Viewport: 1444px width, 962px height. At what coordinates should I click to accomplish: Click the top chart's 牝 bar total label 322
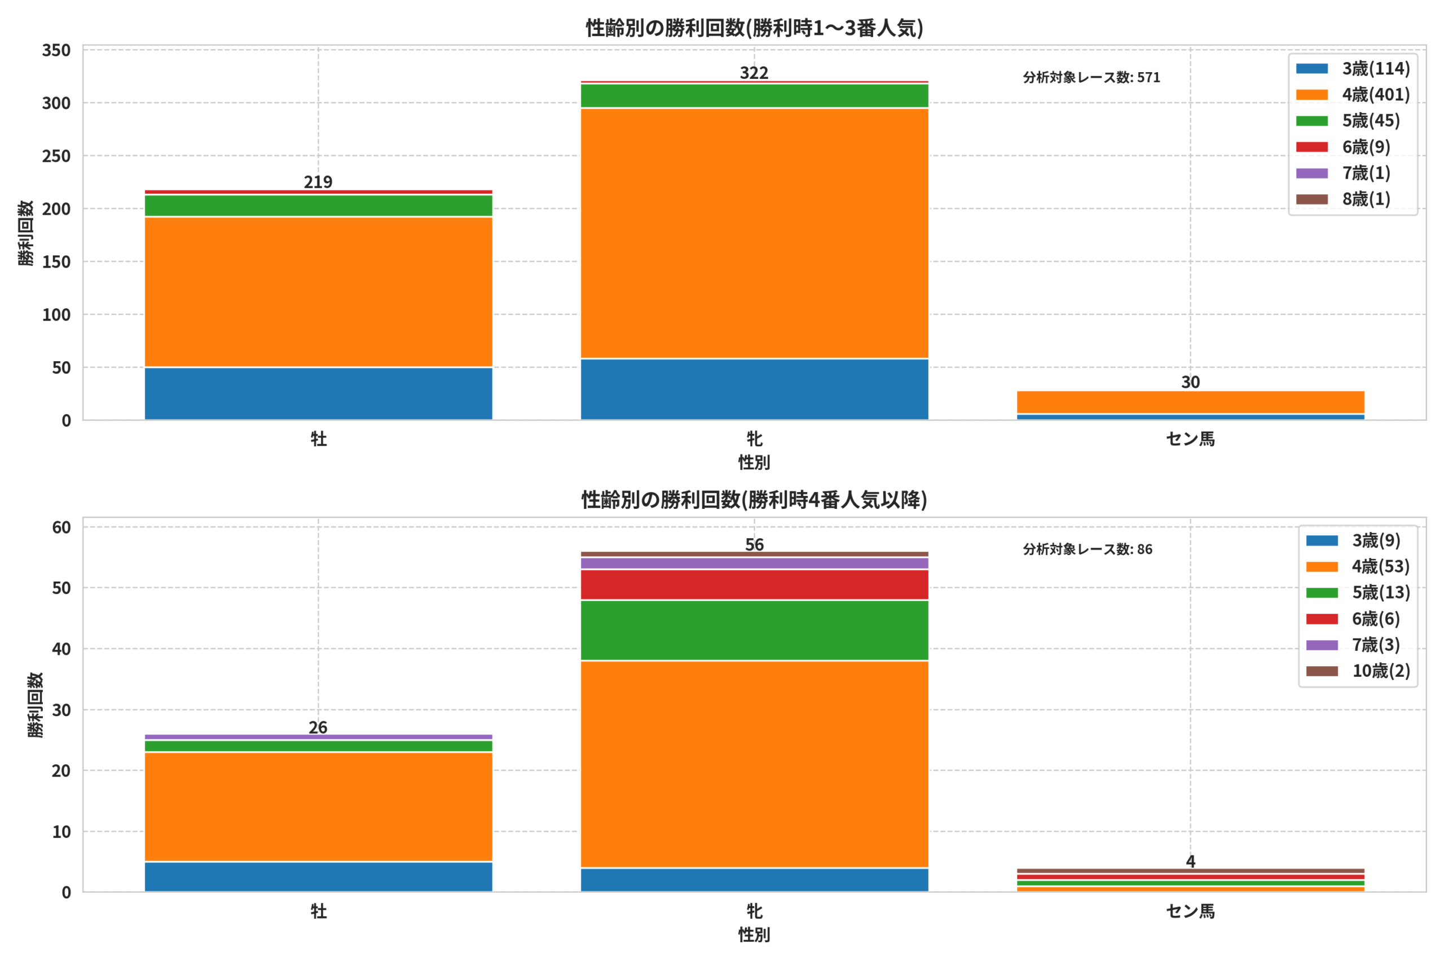tap(754, 73)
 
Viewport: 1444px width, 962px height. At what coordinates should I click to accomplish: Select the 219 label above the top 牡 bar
tap(318, 182)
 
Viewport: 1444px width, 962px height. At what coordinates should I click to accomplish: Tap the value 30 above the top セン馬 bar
tap(1190, 382)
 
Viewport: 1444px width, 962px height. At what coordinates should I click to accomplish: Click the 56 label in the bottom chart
tap(754, 545)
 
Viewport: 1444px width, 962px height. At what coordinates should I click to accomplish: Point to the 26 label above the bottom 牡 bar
tap(318, 728)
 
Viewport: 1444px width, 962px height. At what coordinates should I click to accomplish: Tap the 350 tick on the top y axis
tap(56, 50)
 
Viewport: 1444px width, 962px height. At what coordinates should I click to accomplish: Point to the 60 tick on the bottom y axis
tap(61, 527)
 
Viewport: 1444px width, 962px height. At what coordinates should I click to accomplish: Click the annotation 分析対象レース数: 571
tap(1091, 77)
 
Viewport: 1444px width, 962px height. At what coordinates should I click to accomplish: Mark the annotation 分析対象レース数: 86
tap(1088, 549)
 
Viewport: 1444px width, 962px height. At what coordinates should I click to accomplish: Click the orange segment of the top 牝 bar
tap(754, 233)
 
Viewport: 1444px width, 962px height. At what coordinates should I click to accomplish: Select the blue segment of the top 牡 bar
tap(318, 393)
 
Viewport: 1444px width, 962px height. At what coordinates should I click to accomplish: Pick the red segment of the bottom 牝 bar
tap(754, 584)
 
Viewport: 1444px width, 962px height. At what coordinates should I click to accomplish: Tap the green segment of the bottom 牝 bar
tap(754, 630)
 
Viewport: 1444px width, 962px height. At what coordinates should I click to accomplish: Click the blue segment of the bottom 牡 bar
tap(318, 876)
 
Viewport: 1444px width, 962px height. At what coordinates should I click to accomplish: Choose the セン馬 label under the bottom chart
tap(1190, 911)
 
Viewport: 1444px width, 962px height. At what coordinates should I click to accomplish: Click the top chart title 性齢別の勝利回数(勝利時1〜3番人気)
tap(754, 28)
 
